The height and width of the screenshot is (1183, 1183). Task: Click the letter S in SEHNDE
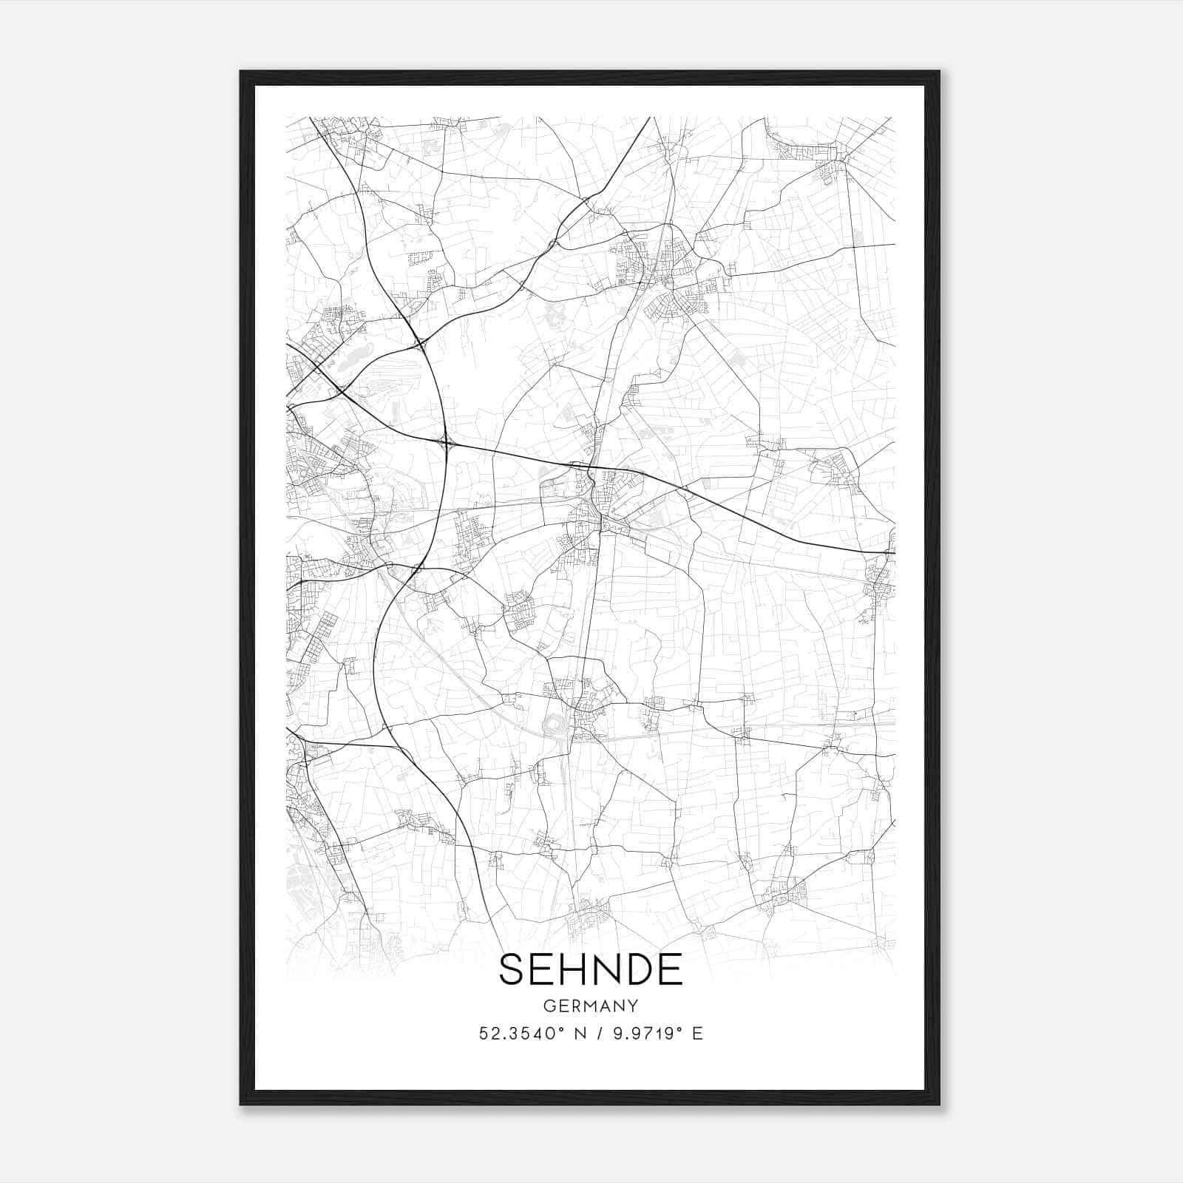(512, 969)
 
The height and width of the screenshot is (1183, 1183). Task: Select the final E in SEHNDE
(671, 969)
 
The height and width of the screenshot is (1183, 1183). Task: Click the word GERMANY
(591, 1006)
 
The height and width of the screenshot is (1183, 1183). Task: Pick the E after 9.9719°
(697, 1033)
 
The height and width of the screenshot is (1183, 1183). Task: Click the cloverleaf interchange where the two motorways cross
(447, 444)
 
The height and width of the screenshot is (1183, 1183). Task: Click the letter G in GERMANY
(548, 1006)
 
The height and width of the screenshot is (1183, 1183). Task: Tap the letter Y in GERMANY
(634, 1006)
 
